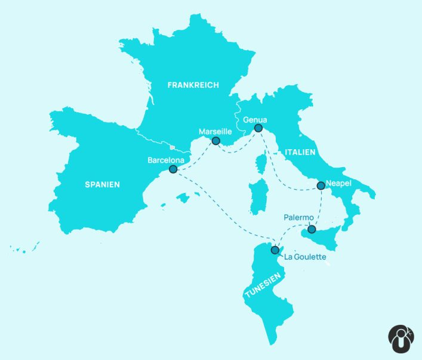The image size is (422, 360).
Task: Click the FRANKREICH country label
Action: (193, 85)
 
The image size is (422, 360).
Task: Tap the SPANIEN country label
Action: (101, 184)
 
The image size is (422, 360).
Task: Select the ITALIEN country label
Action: (299, 152)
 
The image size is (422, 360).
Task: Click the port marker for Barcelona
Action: (173, 169)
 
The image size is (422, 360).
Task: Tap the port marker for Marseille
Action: (215, 141)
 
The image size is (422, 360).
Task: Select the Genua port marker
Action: (258, 128)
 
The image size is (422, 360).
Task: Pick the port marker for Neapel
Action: (321, 185)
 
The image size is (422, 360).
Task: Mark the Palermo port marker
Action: (312, 229)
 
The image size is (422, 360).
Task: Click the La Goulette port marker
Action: (275, 250)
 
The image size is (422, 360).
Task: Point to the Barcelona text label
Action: (166, 160)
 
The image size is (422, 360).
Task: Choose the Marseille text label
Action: (215, 132)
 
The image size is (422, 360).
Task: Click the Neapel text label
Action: (338, 184)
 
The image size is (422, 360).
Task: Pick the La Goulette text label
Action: (305, 257)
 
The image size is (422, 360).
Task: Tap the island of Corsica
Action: (260, 164)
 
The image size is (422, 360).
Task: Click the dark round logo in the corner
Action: (401, 339)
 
